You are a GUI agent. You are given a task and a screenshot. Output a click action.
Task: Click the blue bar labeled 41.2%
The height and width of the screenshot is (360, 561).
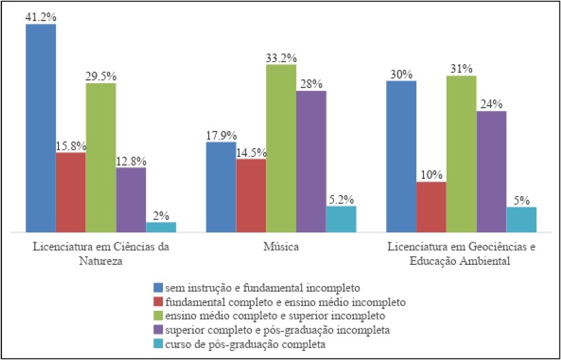41,128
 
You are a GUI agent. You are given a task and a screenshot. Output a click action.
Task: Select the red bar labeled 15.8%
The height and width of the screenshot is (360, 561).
71,192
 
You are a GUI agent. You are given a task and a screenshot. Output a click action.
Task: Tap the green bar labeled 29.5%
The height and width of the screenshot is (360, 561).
101,157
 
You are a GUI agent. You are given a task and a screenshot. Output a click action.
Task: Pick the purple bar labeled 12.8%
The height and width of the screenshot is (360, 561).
131,199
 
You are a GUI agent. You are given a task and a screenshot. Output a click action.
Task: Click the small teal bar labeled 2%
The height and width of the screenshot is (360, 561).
161,227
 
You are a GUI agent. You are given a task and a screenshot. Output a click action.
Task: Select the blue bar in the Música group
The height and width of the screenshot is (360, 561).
221,187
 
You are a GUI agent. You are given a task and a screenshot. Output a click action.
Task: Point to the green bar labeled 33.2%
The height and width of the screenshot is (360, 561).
281,149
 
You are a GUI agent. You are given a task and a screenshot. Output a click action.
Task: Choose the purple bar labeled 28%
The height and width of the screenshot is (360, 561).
311,161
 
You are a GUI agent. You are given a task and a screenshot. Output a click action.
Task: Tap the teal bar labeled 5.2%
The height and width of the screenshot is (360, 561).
341,219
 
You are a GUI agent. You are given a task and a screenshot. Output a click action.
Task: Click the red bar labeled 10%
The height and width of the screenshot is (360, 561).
431,207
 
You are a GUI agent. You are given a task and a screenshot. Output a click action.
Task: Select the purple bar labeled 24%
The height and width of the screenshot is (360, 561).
491,172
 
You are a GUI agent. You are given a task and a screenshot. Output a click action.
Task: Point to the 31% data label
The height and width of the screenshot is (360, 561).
461,69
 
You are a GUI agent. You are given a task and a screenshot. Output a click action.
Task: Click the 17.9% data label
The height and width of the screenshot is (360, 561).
221,135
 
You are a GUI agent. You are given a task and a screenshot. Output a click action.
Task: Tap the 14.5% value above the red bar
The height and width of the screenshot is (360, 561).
251,151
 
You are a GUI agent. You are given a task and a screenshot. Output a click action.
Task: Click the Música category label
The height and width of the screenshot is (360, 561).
281,248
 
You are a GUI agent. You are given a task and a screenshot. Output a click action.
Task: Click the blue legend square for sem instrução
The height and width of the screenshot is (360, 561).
157,288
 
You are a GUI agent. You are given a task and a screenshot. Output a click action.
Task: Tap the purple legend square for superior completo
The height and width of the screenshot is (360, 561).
157,330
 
